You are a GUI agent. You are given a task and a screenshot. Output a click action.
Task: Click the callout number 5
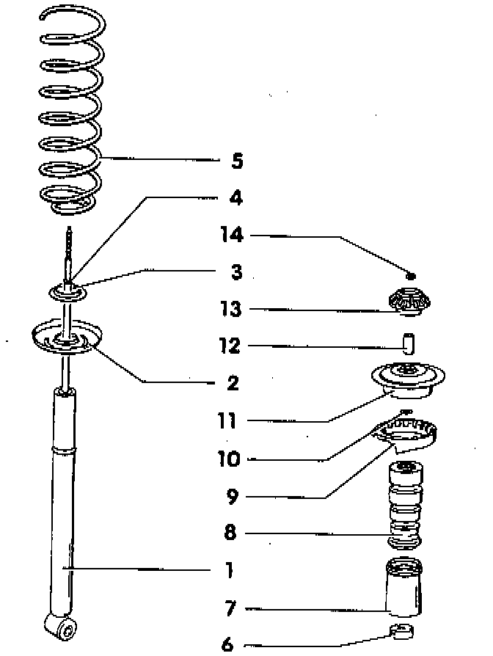[236, 161]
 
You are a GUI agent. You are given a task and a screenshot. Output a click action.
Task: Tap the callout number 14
[231, 235]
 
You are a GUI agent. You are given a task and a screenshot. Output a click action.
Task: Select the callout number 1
[230, 570]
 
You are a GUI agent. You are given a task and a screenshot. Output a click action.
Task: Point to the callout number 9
[232, 497]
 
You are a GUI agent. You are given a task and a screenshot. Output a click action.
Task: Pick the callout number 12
[230, 345]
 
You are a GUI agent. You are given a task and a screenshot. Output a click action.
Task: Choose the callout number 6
[228, 644]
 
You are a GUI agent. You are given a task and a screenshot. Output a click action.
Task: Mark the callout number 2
[233, 382]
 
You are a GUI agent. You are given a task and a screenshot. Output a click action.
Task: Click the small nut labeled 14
[412, 277]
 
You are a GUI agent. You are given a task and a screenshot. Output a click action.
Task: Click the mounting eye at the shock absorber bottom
[62, 627]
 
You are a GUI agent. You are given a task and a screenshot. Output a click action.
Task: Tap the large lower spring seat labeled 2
[65, 338]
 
